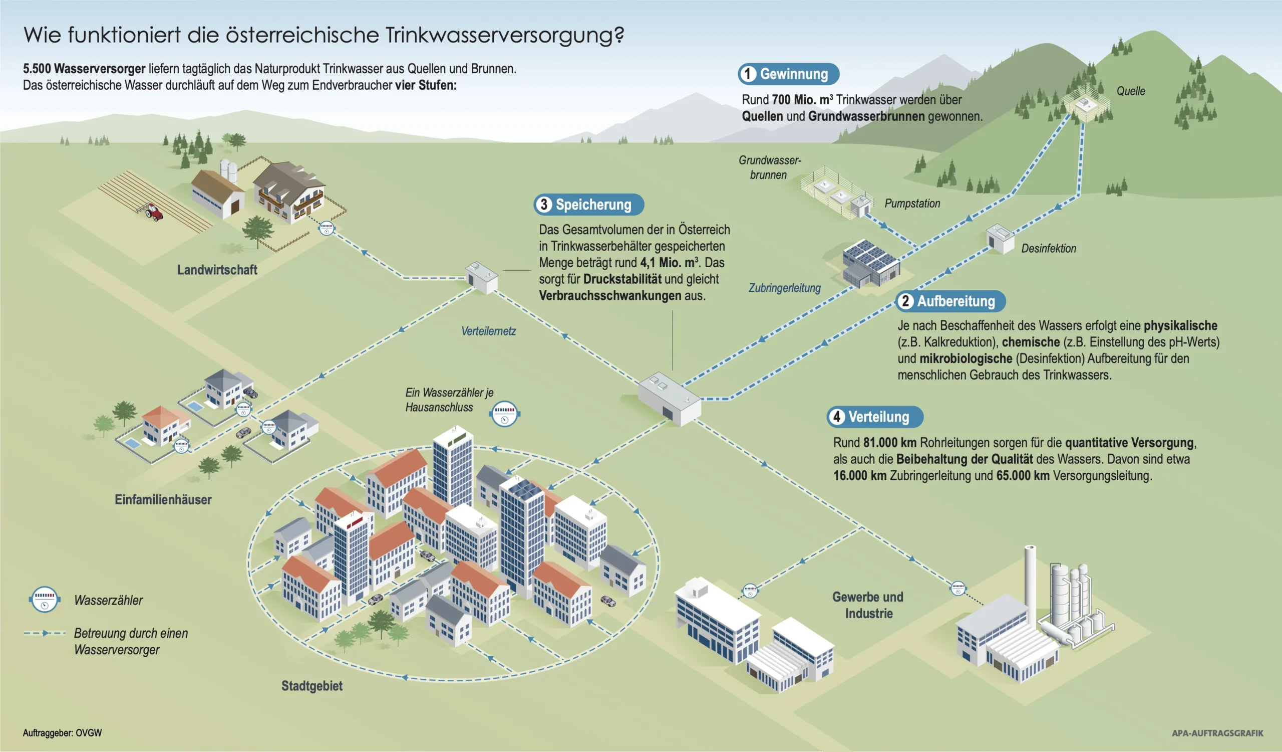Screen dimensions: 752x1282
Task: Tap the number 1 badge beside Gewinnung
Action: (747, 74)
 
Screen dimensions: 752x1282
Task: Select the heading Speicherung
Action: (593, 205)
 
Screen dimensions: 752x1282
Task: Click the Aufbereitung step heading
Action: (955, 301)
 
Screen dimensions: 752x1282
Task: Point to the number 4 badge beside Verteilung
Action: (836, 417)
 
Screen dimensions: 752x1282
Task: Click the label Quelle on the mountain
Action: (1130, 91)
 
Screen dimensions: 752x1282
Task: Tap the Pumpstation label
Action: (912, 204)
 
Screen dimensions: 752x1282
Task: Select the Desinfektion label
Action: (1049, 249)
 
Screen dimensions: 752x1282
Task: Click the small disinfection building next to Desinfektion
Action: (1000, 238)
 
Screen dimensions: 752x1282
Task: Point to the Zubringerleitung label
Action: (784, 288)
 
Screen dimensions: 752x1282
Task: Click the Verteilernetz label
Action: (488, 331)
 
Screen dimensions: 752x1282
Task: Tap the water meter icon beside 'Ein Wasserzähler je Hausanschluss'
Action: (505, 414)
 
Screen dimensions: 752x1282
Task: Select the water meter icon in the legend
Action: (44, 599)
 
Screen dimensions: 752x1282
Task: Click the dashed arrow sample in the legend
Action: (45, 633)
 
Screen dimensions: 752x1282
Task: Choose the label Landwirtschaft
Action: (217, 270)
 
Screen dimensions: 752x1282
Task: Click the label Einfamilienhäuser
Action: (163, 499)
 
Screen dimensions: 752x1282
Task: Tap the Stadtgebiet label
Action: (312, 686)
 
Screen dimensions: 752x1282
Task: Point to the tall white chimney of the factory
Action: (1030, 576)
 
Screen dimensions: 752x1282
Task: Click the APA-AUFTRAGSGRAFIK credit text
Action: (1217, 733)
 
